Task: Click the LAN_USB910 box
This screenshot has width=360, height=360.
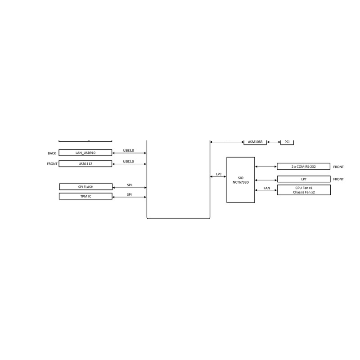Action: (x=85, y=153)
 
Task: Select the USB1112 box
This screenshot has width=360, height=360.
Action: (x=85, y=164)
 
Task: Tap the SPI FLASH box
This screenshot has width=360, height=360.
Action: (x=86, y=187)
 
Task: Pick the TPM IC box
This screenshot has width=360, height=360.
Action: (x=85, y=196)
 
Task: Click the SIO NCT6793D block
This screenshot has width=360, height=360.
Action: (x=241, y=180)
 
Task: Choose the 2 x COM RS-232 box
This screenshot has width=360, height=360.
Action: (x=303, y=166)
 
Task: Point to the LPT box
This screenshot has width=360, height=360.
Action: (x=304, y=179)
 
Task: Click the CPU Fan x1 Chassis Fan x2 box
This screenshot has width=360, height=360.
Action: (x=304, y=190)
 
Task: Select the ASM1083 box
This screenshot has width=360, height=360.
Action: (x=255, y=142)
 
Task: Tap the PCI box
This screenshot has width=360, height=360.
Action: (x=287, y=142)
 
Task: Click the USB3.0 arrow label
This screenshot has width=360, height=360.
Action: (x=129, y=150)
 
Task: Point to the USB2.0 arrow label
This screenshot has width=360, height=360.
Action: (x=129, y=162)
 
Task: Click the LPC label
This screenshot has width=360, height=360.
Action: (x=219, y=174)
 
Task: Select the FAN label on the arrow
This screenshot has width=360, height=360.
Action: (x=267, y=188)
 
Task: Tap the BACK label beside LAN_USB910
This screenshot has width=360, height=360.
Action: (x=52, y=153)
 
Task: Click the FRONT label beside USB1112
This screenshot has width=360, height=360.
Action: (x=52, y=164)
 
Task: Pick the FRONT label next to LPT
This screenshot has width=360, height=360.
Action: (x=338, y=179)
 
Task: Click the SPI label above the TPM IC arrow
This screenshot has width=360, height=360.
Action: (x=130, y=194)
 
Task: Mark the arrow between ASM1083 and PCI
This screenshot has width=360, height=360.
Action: (x=274, y=142)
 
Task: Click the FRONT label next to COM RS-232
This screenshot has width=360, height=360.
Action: (x=338, y=166)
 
